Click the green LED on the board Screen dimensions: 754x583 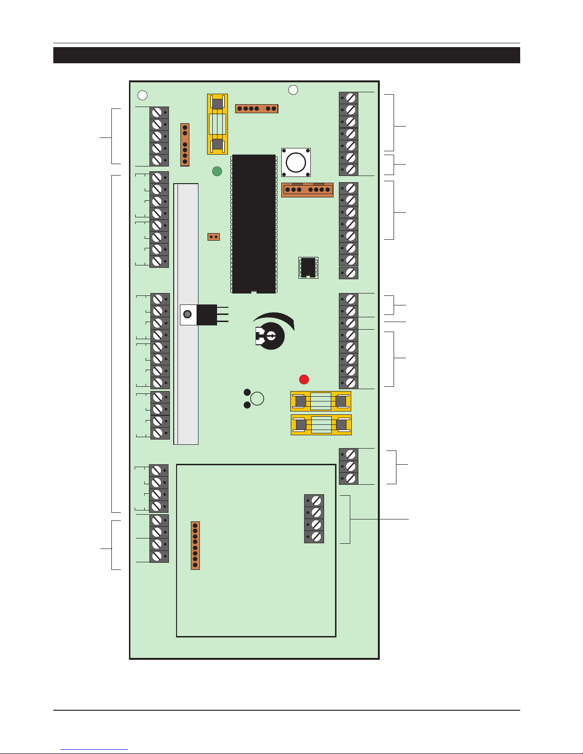217,171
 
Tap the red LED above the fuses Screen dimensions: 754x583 304,379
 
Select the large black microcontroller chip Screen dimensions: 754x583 254,224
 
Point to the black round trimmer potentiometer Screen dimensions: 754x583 270,336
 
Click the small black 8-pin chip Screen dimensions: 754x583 308,267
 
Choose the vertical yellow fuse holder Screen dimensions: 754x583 217,124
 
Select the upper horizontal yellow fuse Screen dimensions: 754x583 321,401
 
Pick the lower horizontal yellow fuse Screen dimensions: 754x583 321,424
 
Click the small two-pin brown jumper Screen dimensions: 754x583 214,236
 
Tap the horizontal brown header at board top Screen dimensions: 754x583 257,108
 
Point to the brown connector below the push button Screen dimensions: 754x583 307,190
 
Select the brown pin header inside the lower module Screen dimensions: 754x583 195,545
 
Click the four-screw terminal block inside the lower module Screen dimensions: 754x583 314,519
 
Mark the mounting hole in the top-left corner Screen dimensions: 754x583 142,95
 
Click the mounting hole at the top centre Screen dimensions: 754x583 293,89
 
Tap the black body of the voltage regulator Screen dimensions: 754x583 207,314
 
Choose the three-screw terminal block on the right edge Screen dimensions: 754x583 349,466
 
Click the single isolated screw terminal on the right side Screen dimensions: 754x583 349,273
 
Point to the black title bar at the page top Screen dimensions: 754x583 287,55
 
